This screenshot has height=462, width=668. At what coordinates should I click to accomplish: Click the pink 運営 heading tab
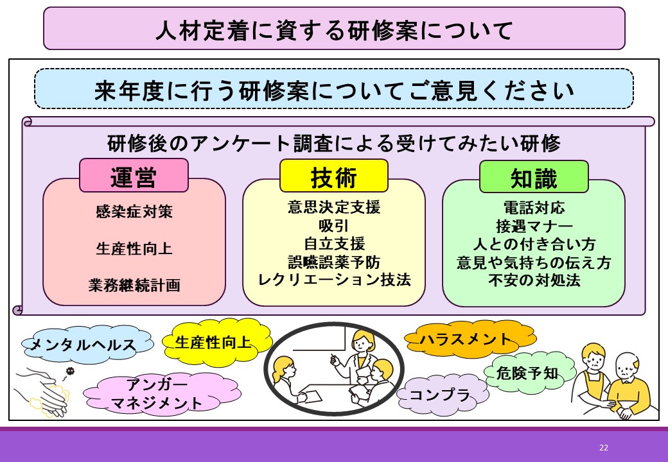(134, 175)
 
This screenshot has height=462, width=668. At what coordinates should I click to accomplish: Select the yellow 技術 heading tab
(333, 176)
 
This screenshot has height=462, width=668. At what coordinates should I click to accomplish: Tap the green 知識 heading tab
(534, 176)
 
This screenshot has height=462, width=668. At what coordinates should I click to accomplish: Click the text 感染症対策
(134, 212)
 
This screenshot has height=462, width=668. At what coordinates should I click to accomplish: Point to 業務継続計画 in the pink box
(134, 285)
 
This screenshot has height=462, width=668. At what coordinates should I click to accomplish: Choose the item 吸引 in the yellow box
(333, 225)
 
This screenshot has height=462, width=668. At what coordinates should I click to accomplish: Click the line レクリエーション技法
(335, 280)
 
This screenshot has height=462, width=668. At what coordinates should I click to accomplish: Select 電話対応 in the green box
(534, 208)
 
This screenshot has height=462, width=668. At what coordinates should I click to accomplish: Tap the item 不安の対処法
(534, 280)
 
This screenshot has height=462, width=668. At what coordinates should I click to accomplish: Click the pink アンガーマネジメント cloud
(161, 394)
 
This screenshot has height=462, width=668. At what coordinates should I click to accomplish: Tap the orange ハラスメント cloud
(469, 339)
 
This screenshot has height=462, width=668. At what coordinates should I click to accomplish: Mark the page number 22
(604, 447)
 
